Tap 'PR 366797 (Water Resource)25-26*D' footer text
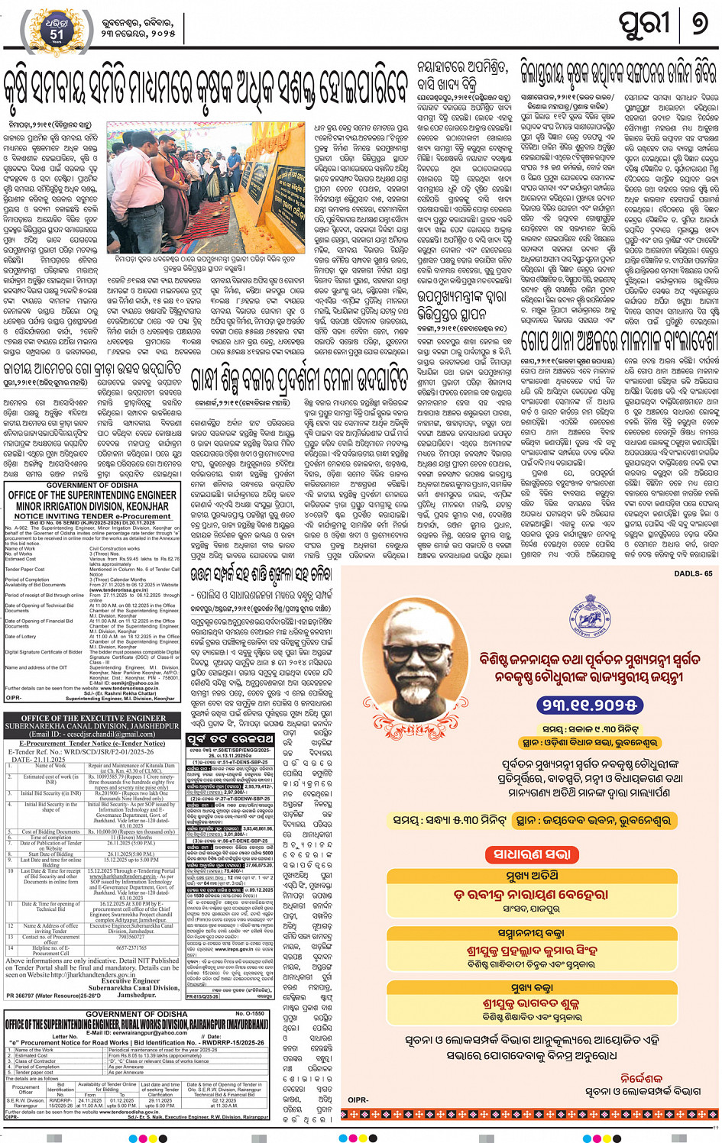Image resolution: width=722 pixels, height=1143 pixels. point(53,996)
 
